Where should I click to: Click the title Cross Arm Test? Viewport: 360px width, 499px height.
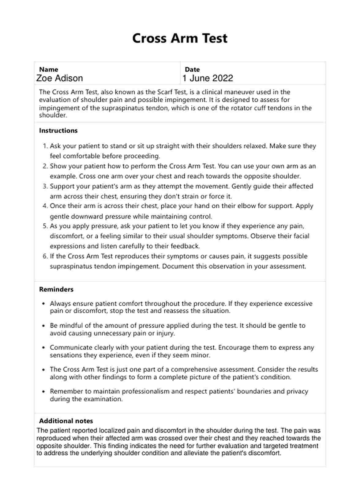180,38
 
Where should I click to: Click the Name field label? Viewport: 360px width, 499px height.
48,69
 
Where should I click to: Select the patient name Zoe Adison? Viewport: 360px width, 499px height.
60,78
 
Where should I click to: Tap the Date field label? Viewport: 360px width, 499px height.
192,69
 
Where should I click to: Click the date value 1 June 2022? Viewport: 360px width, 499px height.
208,78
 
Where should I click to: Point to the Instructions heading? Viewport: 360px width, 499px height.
58,130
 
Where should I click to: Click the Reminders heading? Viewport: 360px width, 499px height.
56,289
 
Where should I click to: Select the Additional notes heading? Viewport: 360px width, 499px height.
66,421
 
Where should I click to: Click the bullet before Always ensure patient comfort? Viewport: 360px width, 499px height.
43,304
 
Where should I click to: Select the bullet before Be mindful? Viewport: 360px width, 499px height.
43,326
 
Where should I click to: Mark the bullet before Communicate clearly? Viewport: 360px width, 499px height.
43,348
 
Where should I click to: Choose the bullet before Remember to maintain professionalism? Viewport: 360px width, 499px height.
43,392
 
